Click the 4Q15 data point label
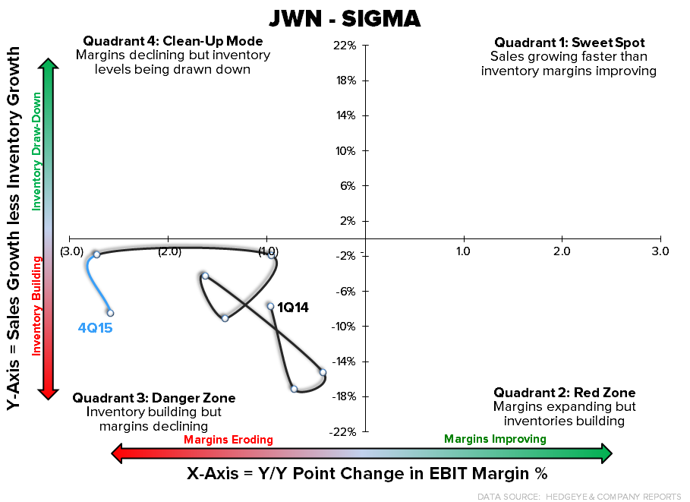95,328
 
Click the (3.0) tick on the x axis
71,251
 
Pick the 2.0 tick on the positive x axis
561,251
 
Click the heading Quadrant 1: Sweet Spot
569,43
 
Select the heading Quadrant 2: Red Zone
564,393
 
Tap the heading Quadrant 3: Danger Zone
153,398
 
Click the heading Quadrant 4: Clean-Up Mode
173,41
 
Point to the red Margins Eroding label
228,440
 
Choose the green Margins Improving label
495,439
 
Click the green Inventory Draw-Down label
35,151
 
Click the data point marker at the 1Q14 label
270,306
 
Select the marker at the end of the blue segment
110,313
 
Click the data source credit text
580,496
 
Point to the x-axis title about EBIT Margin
367,474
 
